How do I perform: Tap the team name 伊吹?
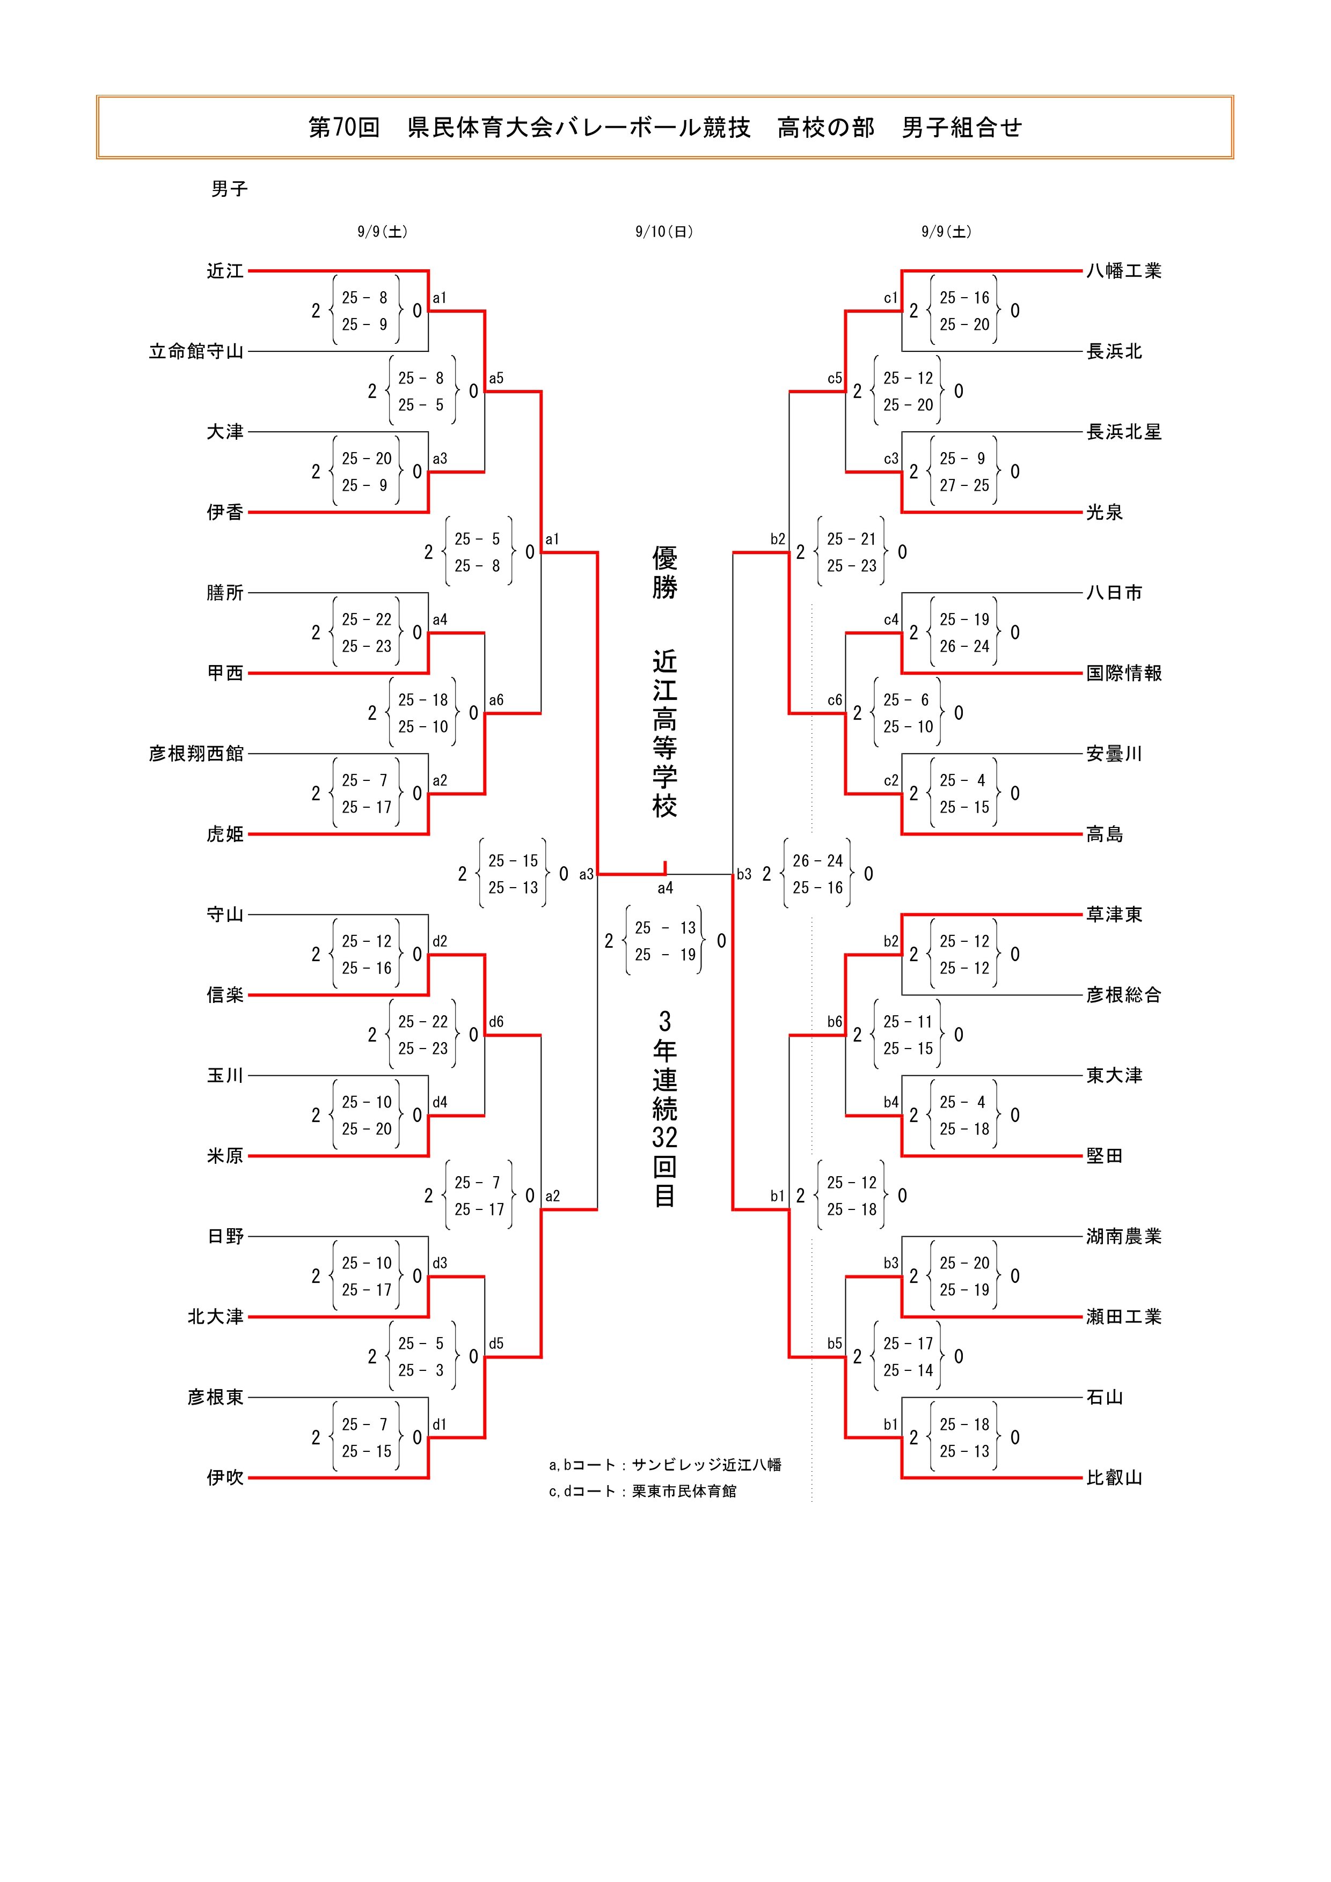(225, 1478)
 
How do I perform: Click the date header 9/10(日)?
(664, 232)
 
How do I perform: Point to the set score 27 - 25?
(964, 485)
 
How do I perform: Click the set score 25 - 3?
(421, 1370)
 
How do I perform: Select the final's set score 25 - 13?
(664, 928)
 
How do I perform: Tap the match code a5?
(496, 379)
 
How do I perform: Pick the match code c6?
(834, 700)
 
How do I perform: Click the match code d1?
(440, 1425)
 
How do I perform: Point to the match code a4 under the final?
(665, 888)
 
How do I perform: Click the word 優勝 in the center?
(664, 572)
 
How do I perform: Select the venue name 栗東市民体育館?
(684, 1491)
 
